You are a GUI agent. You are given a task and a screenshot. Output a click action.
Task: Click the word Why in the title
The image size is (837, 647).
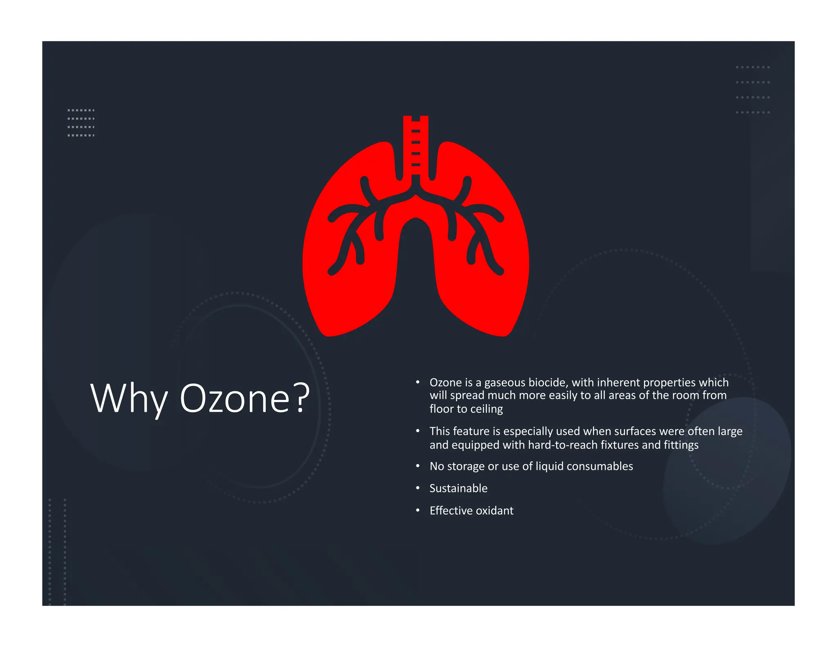point(128,398)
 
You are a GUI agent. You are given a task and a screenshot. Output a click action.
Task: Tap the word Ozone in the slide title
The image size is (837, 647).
point(235,398)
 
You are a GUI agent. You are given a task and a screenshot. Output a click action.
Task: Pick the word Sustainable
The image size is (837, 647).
point(458,488)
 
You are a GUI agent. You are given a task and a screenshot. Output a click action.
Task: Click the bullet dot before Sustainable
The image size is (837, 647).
point(418,488)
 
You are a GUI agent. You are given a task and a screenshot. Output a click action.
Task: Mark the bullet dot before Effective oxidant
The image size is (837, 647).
point(418,510)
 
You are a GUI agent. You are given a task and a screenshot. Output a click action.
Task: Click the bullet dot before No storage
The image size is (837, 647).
point(418,466)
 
